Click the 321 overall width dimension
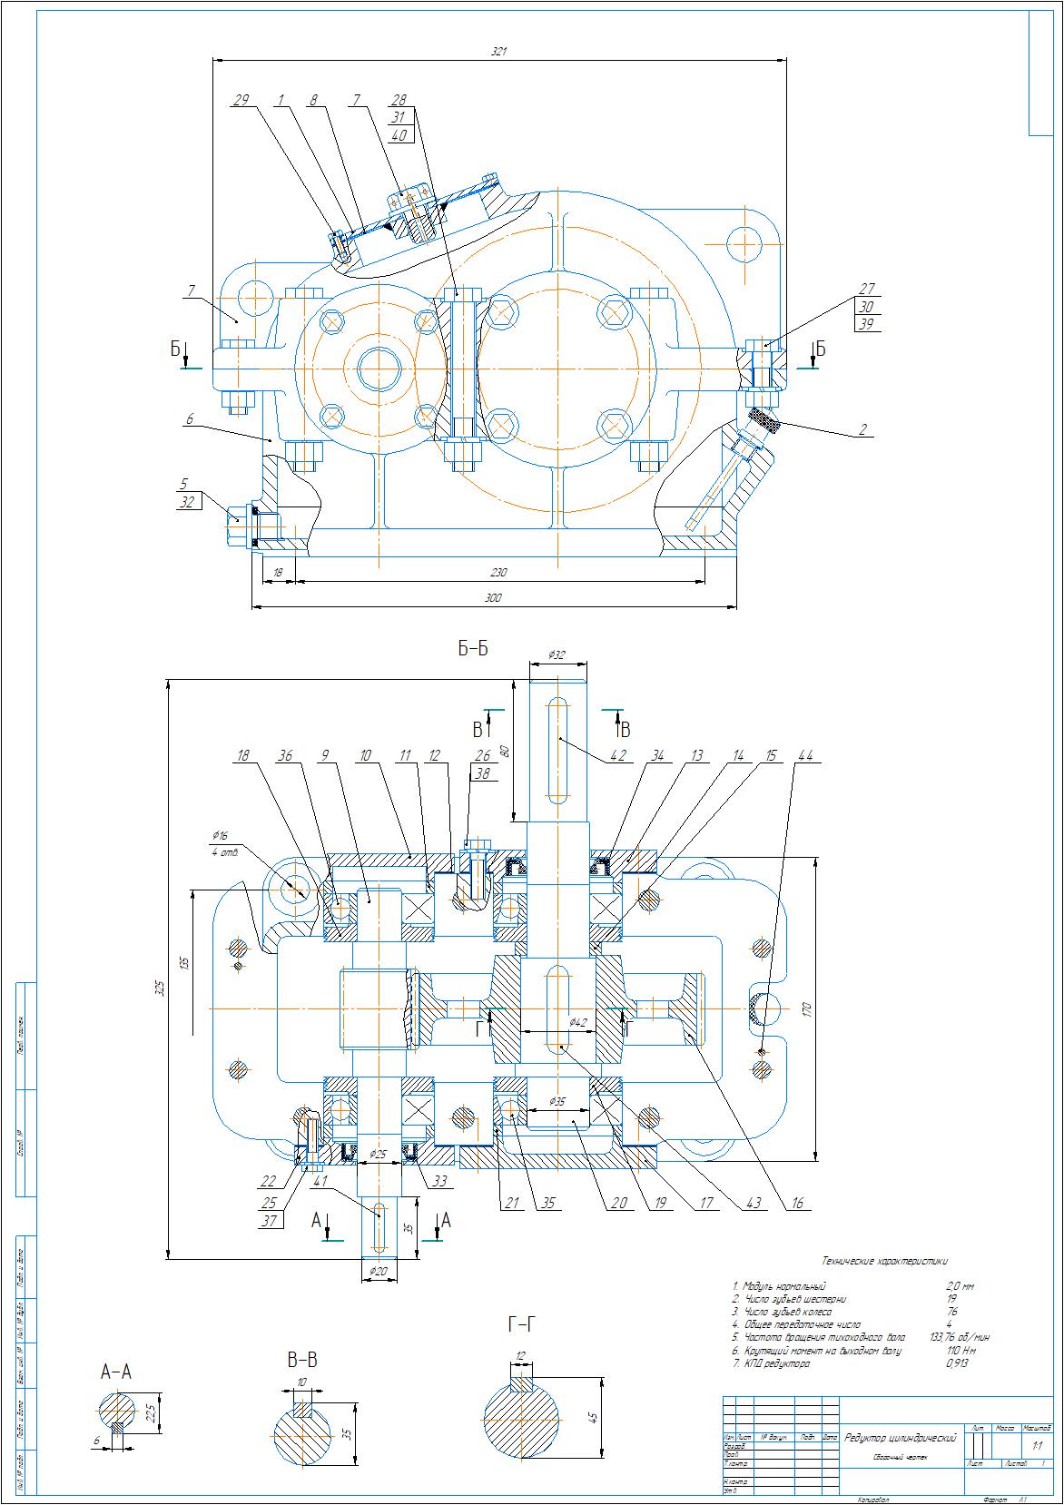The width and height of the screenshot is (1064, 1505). pyautogui.click(x=498, y=53)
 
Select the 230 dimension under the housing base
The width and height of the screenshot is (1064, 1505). pyautogui.click(x=498, y=573)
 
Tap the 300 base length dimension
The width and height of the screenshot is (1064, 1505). pyautogui.click(x=493, y=598)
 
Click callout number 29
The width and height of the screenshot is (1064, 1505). pyautogui.click(x=241, y=100)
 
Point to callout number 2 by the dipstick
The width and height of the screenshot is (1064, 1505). pyautogui.click(x=862, y=429)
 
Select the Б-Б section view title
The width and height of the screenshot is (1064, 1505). pyautogui.click(x=473, y=649)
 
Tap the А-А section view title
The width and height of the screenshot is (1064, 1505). pyautogui.click(x=116, y=1372)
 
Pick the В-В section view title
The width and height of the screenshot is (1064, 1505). pyautogui.click(x=302, y=1360)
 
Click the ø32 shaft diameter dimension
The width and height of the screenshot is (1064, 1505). pyautogui.click(x=557, y=654)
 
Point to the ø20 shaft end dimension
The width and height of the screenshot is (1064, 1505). pyautogui.click(x=379, y=1271)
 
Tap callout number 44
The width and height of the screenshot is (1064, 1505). pyautogui.click(x=805, y=755)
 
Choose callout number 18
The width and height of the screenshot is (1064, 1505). pyautogui.click(x=242, y=755)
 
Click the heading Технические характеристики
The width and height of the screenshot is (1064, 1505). pyautogui.click(x=884, y=1260)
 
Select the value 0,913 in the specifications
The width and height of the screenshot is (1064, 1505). pyautogui.click(x=957, y=1362)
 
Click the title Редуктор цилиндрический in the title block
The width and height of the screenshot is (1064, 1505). pyautogui.click(x=901, y=1438)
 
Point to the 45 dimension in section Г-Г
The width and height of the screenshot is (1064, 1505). pyautogui.click(x=594, y=1417)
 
